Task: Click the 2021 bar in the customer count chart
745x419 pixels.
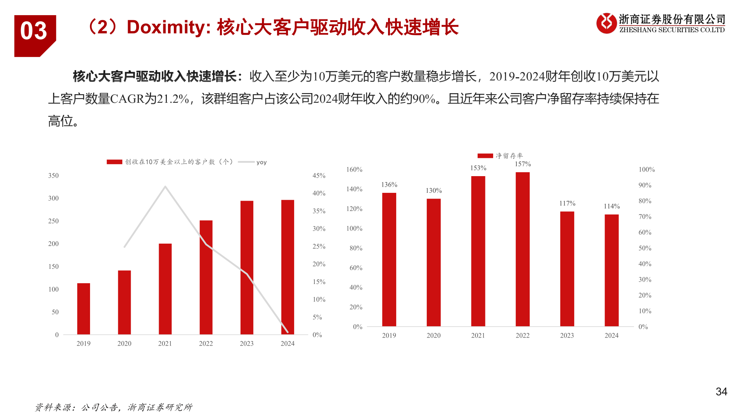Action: pyautogui.click(x=165, y=289)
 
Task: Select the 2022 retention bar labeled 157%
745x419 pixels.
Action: pyautogui.click(x=522, y=249)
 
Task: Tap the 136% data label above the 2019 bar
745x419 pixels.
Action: pyautogui.click(x=389, y=185)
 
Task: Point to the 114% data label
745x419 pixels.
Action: pyautogui.click(x=612, y=206)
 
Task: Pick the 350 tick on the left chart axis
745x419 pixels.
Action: pyautogui.click(x=54, y=176)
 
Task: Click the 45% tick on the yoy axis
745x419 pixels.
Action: pyautogui.click(x=319, y=176)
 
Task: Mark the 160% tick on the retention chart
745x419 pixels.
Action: pyautogui.click(x=354, y=170)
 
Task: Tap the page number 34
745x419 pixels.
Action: pyautogui.click(x=721, y=392)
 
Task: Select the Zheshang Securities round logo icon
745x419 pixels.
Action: pyautogui.click(x=606, y=23)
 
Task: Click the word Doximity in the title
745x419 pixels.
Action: pyautogui.click(x=166, y=27)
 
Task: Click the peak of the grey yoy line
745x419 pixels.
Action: pyautogui.click(x=165, y=187)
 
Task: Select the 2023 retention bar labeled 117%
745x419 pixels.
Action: pyautogui.click(x=567, y=268)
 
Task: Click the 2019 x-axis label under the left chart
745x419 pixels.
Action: pyautogui.click(x=83, y=344)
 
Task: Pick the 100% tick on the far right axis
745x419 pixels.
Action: pyautogui.click(x=646, y=170)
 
